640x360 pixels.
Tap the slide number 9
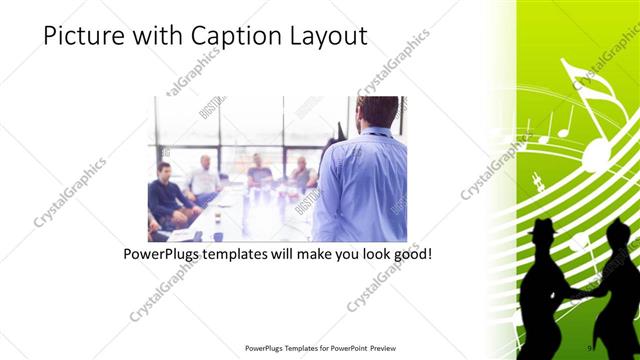pos(591,346)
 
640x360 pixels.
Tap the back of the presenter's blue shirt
pos(362,185)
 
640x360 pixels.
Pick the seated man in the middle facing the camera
pos(259,174)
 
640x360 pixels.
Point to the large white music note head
pos(596,154)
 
